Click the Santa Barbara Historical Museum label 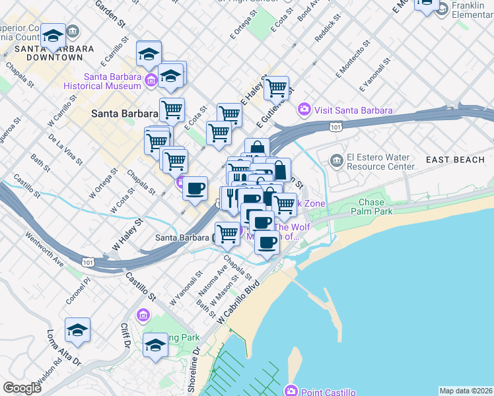pyautogui.click(x=102, y=81)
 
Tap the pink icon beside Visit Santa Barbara pyautogui.click(x=304, y=110)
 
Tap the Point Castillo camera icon pyautogui.click(x=291, y=391)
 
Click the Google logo pyautogui.click(x=22, y=388)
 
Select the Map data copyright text pyautogui.click(x=466, y=390)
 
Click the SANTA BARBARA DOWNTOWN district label pyautogui.click(x=45, y=52)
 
